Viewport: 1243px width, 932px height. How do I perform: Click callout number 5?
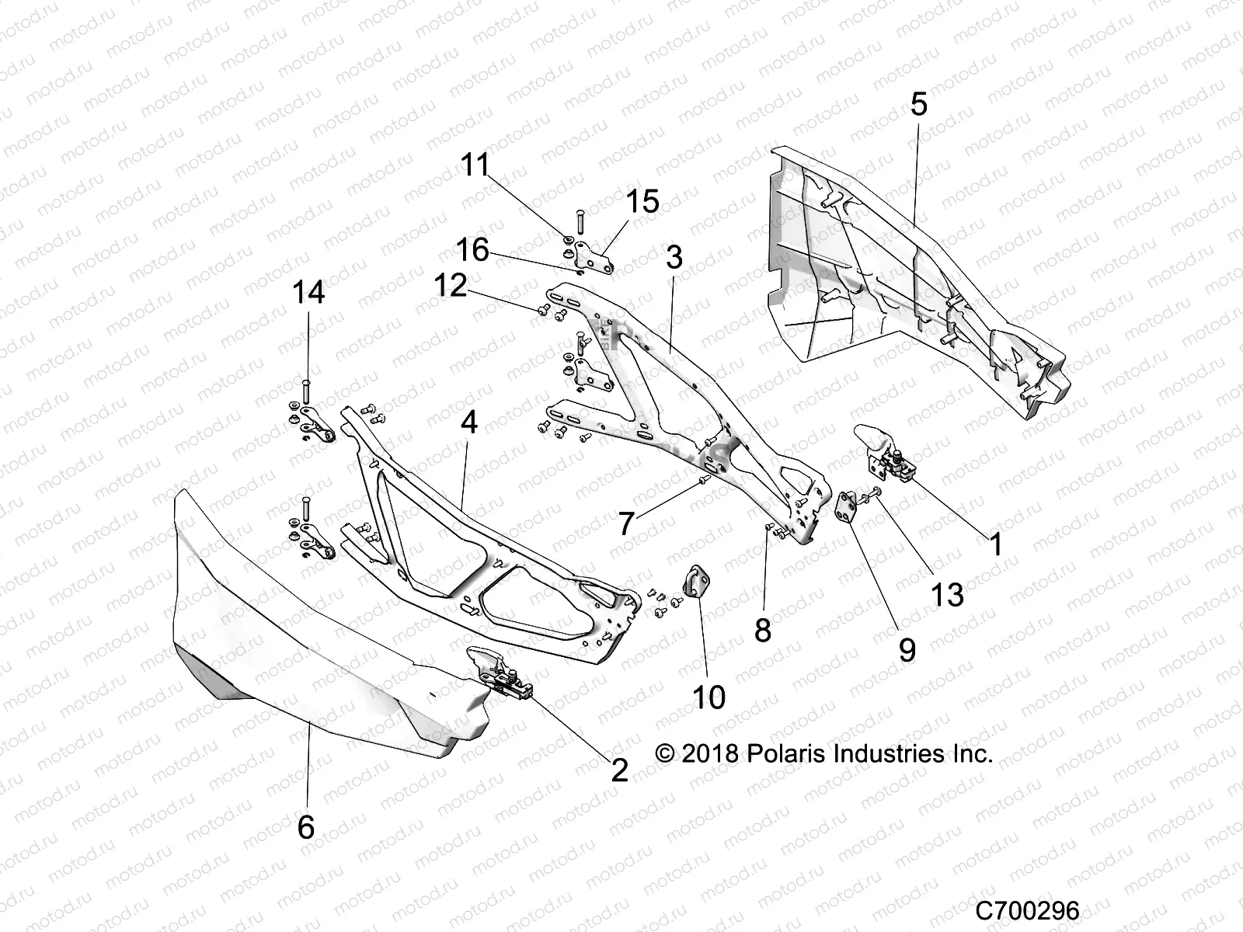(x=918, y=103)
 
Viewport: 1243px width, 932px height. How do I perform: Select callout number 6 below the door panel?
(x=306, y=827)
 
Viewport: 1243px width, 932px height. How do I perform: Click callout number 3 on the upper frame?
(x=674, y=257)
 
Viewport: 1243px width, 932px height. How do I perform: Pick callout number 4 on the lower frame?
(x=468, y=423)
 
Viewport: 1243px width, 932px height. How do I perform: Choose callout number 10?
(x=708, y=697)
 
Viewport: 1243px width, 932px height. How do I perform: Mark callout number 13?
(x=947, y=595)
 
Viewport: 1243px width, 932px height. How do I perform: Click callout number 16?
(x=472, y=250)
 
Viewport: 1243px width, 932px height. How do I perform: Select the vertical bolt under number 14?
(x=305, y=389)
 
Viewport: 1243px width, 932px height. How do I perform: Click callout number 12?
(x=450, y=285)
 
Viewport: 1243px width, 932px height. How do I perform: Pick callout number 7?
(x=626, y=524)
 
